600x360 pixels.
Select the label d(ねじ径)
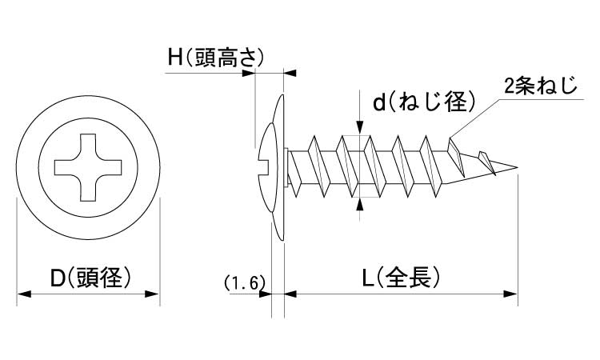tap(424, 102)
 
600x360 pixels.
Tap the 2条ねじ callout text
tap(540, 86)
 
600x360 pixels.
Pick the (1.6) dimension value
tap(242, 282)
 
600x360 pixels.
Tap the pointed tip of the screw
tap(518, 169)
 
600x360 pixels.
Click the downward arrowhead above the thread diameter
tap(360, 127)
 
